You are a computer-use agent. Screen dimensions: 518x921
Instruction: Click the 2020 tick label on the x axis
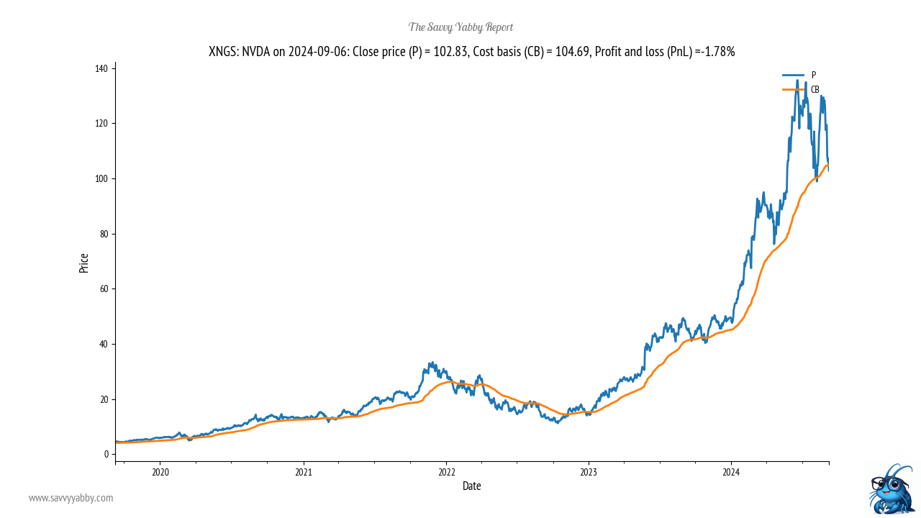pos(160,472)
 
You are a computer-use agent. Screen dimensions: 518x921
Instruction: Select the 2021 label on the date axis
pos(304,472)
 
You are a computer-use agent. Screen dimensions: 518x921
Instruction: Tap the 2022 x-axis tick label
pos(447,472)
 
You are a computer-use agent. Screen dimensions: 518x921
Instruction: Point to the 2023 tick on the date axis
pos(589,472)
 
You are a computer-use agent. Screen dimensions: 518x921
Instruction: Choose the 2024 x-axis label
pos(731,472)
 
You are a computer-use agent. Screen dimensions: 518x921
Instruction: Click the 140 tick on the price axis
pos(101,68)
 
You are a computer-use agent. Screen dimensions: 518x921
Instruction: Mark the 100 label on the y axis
pos(101,178)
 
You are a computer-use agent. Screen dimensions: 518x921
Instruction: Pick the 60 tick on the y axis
pos(104,288)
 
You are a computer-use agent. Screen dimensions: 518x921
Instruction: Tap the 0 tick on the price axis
pos(106,454)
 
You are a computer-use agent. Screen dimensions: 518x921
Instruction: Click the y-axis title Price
pos(84,263)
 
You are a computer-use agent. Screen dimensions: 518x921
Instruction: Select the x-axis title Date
pos(472,486)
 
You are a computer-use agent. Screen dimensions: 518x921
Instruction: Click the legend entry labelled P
pos(814,75)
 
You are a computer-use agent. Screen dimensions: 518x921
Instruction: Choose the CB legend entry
pos(815,89)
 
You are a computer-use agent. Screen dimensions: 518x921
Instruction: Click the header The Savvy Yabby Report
pos(460,27)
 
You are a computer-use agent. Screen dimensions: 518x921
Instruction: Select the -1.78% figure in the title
pos(714,51)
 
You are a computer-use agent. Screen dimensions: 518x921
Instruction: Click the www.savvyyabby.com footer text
pos(71,498)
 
